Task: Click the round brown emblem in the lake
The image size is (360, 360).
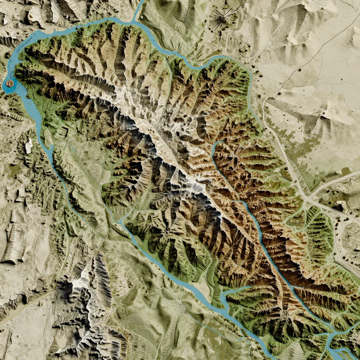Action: pyautogui.click(x=9, y=83)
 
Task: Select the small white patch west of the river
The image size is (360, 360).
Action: pyautogui.click(x=29, y=145)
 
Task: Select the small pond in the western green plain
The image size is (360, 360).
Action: pyautogui.click(x=72, y=148)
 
